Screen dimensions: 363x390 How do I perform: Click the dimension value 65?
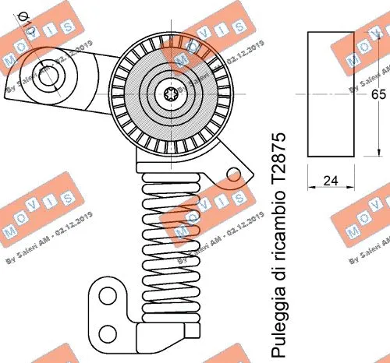coord(378,94)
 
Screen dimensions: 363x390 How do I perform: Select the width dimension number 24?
coord(331,181)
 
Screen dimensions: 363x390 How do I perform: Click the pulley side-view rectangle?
coord(331,93)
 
